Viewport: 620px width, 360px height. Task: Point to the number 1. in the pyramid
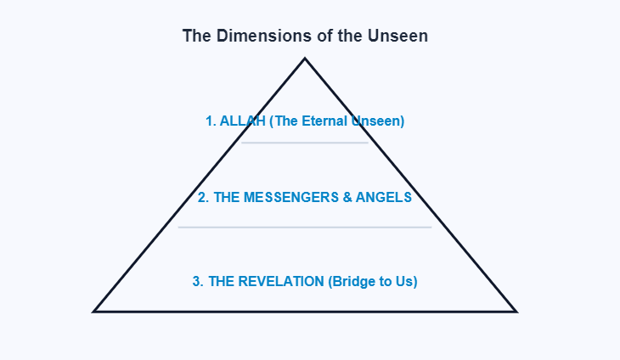click(211, 121)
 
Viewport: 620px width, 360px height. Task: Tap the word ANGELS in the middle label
click(384, 198)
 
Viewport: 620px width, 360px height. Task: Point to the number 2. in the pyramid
click(203, 198)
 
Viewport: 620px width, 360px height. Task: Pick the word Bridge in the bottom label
click(355, 281)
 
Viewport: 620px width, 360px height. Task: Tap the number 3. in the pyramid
click(198, 281)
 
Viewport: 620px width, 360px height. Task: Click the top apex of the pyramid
click(305, 59)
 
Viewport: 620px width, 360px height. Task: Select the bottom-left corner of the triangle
click(94, 311)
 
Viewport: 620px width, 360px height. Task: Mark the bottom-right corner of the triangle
click(515, 311)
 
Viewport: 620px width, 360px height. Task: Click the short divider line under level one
click(305, 143)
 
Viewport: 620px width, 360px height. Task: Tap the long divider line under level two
click(305, 227)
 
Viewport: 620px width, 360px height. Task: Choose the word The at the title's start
click(195, 37)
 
